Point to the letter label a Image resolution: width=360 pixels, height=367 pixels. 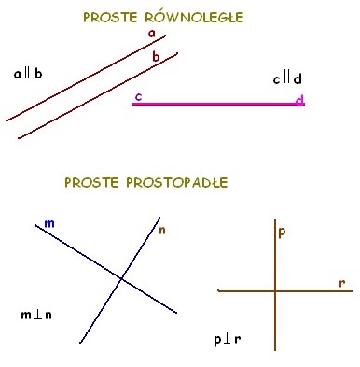(151, 34)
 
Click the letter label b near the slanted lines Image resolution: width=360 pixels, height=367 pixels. (156, 57)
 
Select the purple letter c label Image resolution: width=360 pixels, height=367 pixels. (138, 96)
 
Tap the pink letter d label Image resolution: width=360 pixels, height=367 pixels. (298, 100)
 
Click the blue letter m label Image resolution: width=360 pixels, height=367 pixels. (49, 223)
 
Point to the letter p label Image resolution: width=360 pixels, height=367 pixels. (282, 231)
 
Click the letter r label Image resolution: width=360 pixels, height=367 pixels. (342, 281)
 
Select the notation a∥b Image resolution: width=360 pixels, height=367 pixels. (28, 73)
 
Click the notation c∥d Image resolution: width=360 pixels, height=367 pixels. (286, 79)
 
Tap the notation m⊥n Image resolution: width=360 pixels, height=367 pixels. (37, 315)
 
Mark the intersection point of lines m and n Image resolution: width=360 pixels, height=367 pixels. (120, 277)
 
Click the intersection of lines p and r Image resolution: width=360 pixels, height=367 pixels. (275, 291)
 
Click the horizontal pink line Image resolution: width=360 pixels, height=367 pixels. (215, 105)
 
